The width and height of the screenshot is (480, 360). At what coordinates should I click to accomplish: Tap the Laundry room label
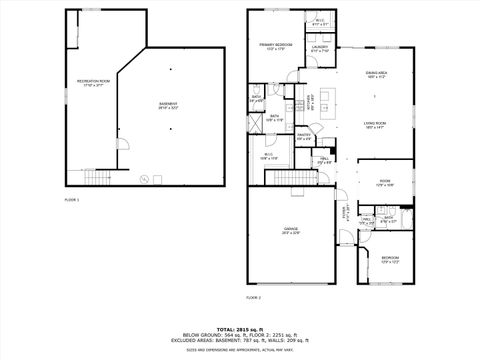pos(319,48)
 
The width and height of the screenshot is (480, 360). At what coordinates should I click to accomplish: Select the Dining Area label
pos(376,73)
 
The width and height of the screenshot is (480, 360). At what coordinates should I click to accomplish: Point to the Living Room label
pos(375,123)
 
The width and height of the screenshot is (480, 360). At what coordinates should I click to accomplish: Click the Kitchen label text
pos(310,101)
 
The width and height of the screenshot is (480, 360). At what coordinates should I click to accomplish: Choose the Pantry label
pos(304,137)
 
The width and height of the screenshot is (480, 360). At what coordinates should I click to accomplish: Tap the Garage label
pos(291,231)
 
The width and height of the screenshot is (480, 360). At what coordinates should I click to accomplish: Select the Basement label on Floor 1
pos(169,105)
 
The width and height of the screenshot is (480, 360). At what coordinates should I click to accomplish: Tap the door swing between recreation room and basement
pos(124,145)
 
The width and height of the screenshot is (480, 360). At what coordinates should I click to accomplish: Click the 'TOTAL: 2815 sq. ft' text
pos(241,327)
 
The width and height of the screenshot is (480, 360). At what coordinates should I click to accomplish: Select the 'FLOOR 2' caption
pos(253,297)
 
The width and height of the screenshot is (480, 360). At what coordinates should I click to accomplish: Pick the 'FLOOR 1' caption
pos(71,200)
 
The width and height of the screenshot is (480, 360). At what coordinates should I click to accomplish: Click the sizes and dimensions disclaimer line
pos(241,349)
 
